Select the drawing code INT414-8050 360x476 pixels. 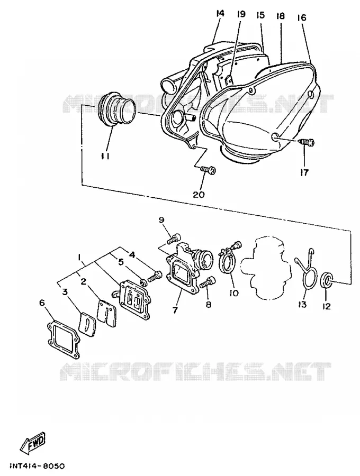(x=38, y=465)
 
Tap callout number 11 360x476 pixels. (x=105, y=156)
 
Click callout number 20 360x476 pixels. (x=199, y=194)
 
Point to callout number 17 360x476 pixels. (x=304, y=172)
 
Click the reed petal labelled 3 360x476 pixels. (x=87, y=325)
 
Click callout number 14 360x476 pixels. (x=220, y=13)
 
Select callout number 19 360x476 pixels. (x=241, y=14)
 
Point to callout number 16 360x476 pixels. (x=302, y=17)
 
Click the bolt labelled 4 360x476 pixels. (x=155, y=276)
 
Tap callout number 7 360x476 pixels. (x=175, y=310)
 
